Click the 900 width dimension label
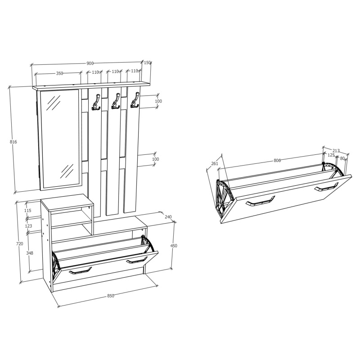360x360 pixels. coord(90,63)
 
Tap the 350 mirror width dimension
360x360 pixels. coord(59,73)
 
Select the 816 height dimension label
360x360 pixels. coord(13,142)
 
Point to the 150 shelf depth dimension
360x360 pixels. coord(147,63)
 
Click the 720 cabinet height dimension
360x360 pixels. coord(20,244)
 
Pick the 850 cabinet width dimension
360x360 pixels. coord(111,296)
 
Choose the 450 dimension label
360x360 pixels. coord(174,246)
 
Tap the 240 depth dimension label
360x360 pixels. coord(168,217)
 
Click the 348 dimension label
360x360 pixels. coord(30,253)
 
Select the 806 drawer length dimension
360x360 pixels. coord(277,161)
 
